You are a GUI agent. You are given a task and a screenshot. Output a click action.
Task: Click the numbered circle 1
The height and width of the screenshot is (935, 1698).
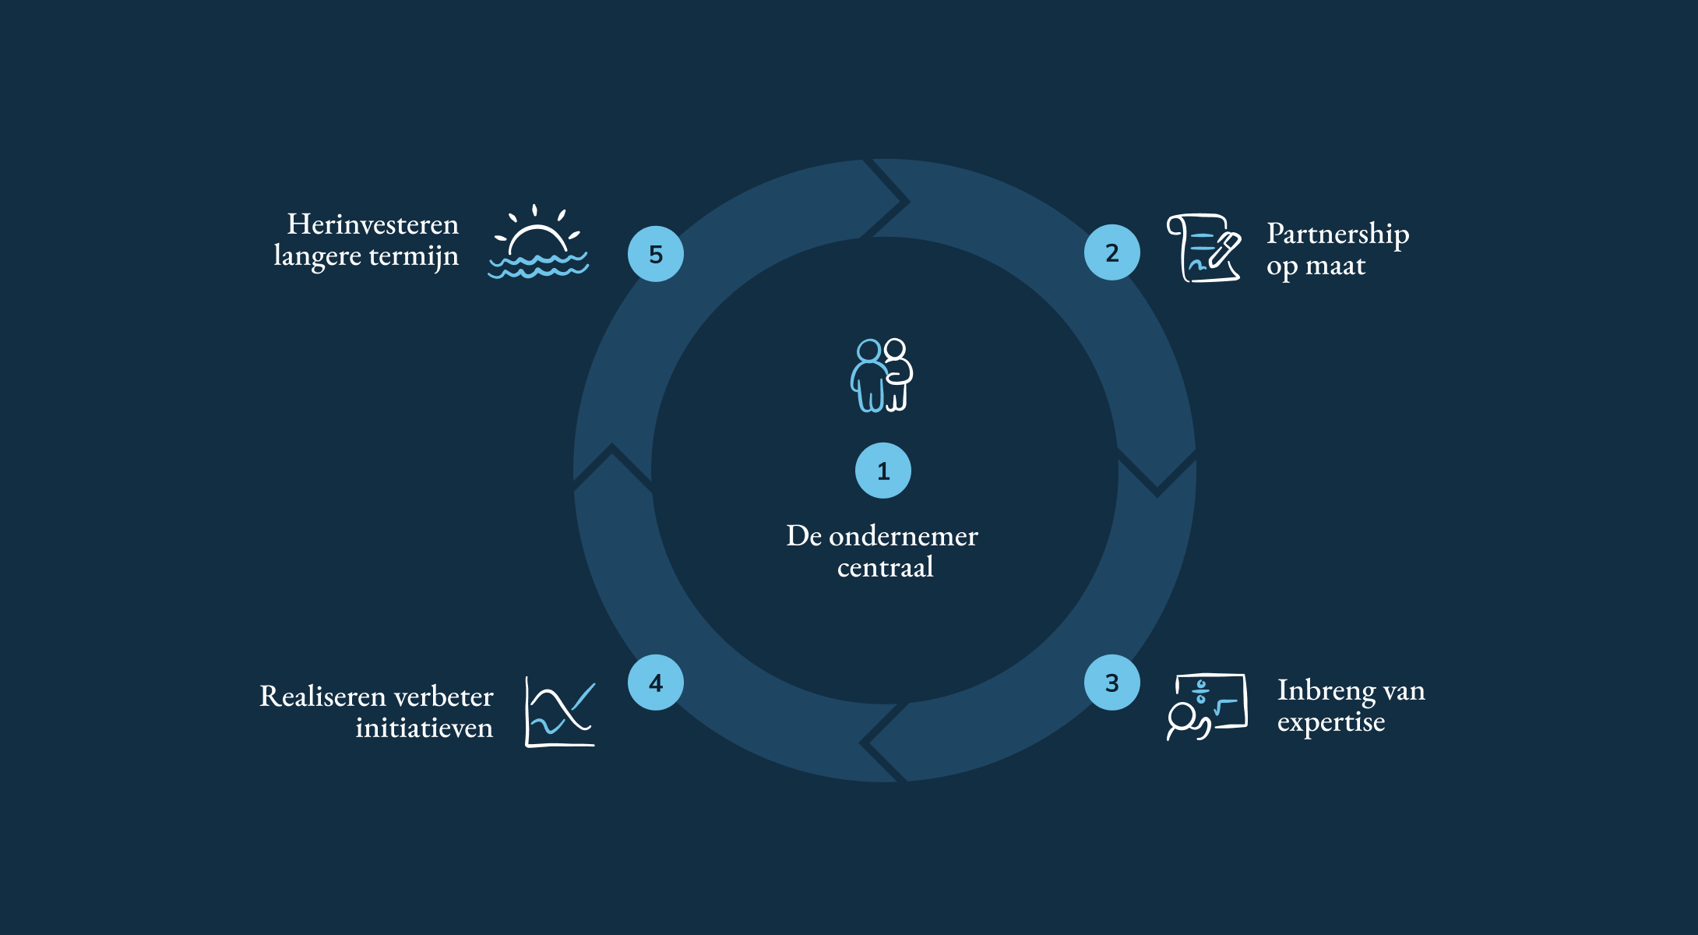pos(883,471)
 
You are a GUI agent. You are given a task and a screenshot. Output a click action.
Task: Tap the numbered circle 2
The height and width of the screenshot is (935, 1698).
pos(1112,252)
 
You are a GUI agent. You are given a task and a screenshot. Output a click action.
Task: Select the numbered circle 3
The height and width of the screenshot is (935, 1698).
pos(1112,683)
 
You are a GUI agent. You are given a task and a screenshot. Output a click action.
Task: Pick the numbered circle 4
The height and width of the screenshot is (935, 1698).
pos(656,683)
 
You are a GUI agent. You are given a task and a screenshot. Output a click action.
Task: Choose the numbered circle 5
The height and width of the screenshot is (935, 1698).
pos(656,254)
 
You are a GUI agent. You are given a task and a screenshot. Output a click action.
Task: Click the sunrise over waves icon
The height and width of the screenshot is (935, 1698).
pos(538,242)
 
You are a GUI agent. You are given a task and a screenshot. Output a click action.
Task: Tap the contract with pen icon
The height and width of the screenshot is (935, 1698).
pos(1204,248)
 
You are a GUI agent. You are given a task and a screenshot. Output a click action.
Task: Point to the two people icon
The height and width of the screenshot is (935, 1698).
pos(882,375)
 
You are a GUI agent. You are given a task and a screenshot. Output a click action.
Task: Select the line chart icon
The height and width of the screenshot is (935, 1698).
pos(560,711)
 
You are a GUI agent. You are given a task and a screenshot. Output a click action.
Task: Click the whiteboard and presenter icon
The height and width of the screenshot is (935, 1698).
pos(1207,707)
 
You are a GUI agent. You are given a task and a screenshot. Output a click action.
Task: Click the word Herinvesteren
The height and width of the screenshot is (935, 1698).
pos(373,224)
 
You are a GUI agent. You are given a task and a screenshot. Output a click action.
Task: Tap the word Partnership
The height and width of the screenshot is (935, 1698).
pos(1338,235)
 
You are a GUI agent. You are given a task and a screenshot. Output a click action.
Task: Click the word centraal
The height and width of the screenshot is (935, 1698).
pos(886,567)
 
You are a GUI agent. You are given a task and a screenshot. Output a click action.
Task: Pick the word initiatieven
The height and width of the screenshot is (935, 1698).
pos(424,728)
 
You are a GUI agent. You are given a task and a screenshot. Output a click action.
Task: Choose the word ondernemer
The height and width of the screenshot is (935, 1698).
pos(904,536)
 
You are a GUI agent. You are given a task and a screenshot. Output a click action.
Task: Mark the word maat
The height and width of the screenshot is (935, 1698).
pos(1336,266)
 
